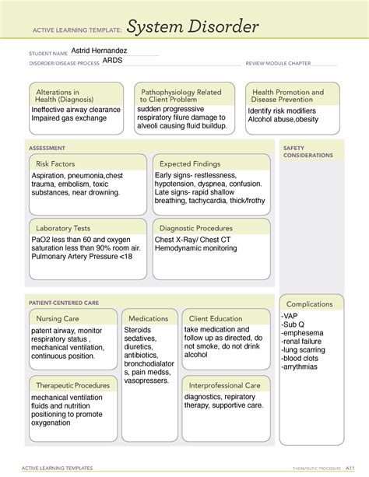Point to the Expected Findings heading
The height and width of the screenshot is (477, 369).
(x=191, y=163)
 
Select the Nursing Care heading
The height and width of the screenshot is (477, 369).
(x=56, y=318)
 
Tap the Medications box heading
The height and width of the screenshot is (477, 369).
(x=149, y=318)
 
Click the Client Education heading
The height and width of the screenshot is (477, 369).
(x=215, y=318)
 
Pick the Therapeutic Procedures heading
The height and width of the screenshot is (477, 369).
(x=72, y=385)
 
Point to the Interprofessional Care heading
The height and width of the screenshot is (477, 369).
(x=224, y=385)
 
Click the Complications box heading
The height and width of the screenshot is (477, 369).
(x=310, y=304)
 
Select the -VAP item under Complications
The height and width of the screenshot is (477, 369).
(x=290, y=316)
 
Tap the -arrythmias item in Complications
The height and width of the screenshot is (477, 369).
(x=302, y=367)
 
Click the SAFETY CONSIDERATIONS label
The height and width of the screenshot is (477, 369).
(x=308, y=152)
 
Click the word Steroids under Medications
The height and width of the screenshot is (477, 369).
(x=138, y=331)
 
